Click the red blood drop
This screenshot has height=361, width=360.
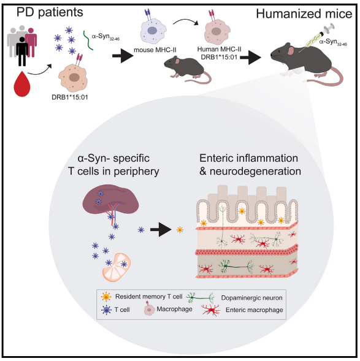coord(22,85)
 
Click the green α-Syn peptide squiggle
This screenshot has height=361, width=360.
coord(88,40)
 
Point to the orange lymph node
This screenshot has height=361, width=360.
coord(117,267)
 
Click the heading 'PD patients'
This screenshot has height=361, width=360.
coord(50,12)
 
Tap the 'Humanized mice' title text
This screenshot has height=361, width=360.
coord(304,14)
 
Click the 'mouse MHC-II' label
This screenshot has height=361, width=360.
coord(155,50)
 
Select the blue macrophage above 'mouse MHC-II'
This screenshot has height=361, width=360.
coord(152,31)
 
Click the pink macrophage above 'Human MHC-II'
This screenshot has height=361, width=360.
coord(217,32)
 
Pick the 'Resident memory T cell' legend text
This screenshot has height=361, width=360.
coord(149,297)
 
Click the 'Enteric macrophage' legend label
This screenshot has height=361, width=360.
coord(255,310)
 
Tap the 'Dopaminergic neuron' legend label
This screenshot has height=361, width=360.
coord(251,298)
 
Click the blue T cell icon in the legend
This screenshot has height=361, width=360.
coord(107,310)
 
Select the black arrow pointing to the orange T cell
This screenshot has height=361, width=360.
coord(161,230)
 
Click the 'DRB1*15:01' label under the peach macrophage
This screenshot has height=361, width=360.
coord(70,97)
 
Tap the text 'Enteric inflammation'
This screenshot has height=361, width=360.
coord(249,158)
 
